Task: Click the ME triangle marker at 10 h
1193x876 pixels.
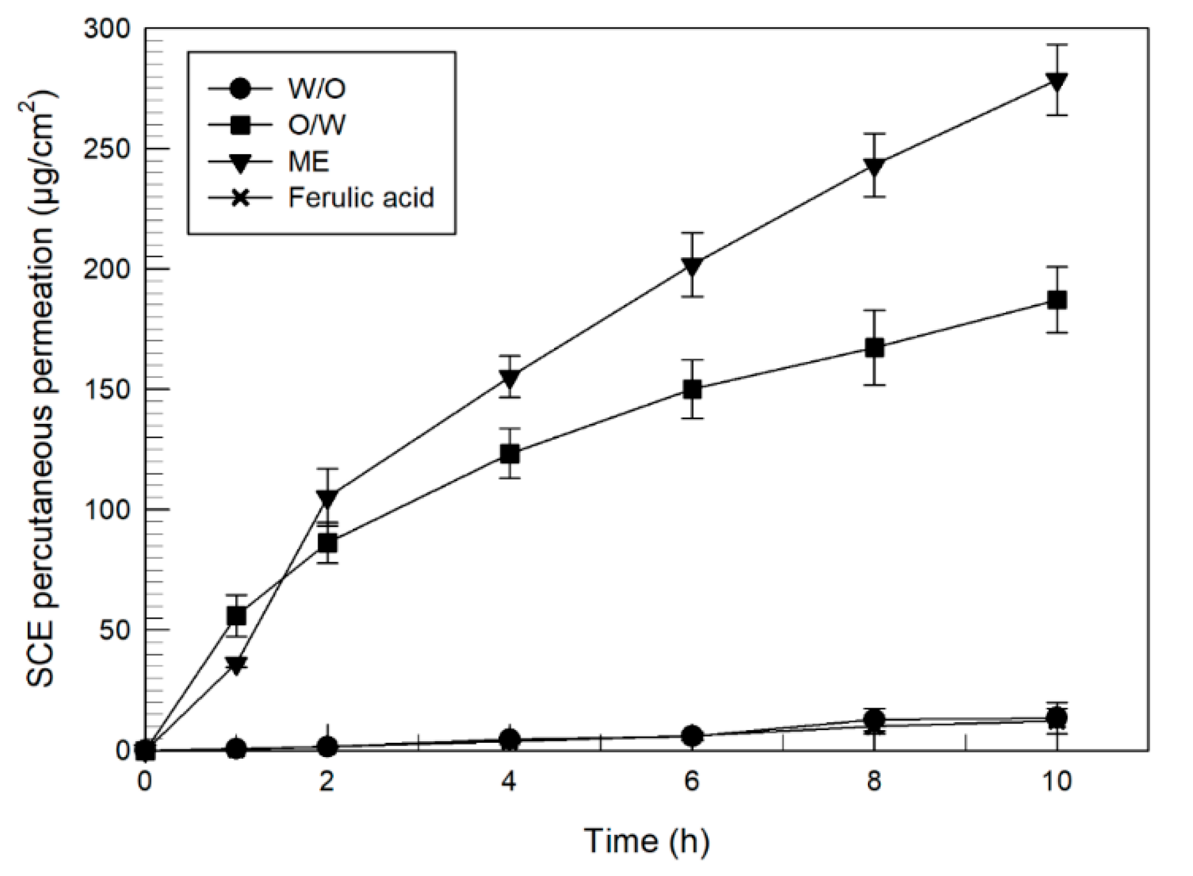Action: pos(1056,81)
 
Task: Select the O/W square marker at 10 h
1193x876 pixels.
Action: pos(1056,300)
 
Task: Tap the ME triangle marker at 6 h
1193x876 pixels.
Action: pos(692,266)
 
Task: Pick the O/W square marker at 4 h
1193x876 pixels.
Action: pos(510,454)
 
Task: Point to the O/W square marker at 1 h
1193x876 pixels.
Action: pos(236,616)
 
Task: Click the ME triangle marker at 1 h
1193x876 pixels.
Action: pos(236,665)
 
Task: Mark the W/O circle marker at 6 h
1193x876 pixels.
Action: pos(692,735)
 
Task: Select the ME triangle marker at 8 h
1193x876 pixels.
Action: pos(874,167)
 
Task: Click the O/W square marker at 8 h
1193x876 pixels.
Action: pos(874,348)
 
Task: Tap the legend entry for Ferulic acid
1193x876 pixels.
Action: pos(360,197)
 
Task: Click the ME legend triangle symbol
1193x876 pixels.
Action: pos(240,162)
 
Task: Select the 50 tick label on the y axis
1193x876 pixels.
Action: pos(114,629)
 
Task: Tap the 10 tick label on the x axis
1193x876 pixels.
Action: pos(1056,782)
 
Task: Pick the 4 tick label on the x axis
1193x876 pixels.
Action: pos(509,782)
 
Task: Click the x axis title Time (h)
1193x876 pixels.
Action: pos(646,841)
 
